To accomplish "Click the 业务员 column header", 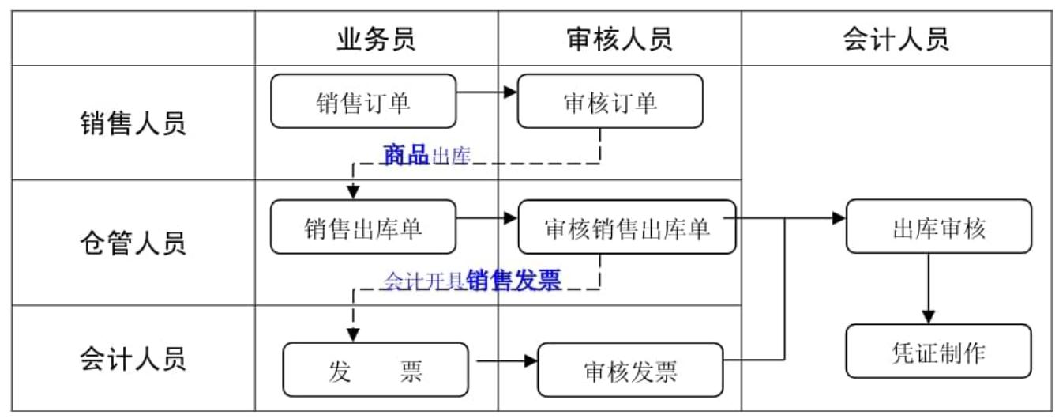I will tap(375, 39).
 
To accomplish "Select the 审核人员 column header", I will tap(619, 39).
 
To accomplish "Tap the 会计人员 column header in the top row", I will tap(896, 39).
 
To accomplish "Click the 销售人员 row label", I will tap(133, 124).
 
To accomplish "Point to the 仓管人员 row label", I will tap(133, 243).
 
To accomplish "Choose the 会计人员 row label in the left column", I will tap(133, 359).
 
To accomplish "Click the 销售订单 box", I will tap(363, 101).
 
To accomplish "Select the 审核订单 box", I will tap(610, 101).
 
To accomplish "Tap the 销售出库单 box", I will tap(363, 227).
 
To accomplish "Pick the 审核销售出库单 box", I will tap(627, 227).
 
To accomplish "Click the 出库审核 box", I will tap(938, 227).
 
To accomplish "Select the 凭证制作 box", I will tap(938, 351).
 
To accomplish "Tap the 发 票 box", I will tap(375, 369).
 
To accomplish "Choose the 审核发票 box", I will tap(630, 370).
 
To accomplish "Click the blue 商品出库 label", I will tap(426, 155).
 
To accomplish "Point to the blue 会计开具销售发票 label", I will tap(472, 281).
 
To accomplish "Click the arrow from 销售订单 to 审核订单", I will tap(486, 92).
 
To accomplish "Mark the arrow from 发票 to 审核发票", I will tap(505, 362).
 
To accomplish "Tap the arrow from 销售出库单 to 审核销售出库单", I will tap(486, 218).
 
